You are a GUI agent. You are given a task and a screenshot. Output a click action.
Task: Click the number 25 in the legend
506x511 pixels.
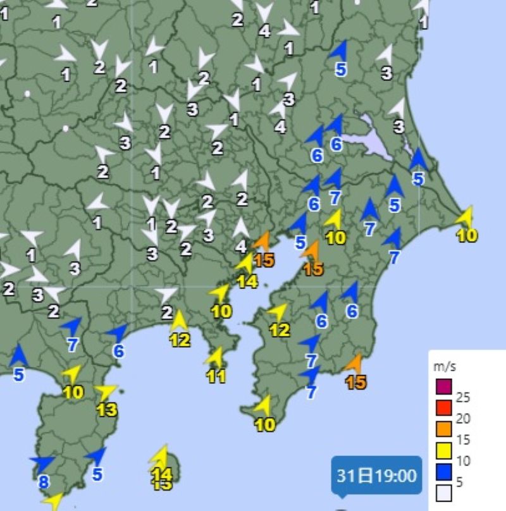click(x=463, y=398)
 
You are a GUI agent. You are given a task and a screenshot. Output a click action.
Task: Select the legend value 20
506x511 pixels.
click(x=463, y=419)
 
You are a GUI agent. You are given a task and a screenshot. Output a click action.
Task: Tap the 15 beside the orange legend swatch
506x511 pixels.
click(x=463, y=440)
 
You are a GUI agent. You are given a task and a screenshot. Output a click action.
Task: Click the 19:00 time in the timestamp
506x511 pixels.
click(x=397, y=476)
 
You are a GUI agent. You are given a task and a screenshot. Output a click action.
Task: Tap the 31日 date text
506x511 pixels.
click(x=358, y=476)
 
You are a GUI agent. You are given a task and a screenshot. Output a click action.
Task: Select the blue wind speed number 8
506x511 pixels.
click(x=43, y=483)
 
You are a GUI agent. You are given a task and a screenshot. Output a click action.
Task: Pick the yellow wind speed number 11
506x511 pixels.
click(x=216, y=376)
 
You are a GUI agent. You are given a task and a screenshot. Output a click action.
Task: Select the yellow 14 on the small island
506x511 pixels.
click(x=163, y=472)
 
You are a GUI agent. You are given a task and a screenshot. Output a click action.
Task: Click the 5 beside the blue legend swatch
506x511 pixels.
click(x=460, y=483)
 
